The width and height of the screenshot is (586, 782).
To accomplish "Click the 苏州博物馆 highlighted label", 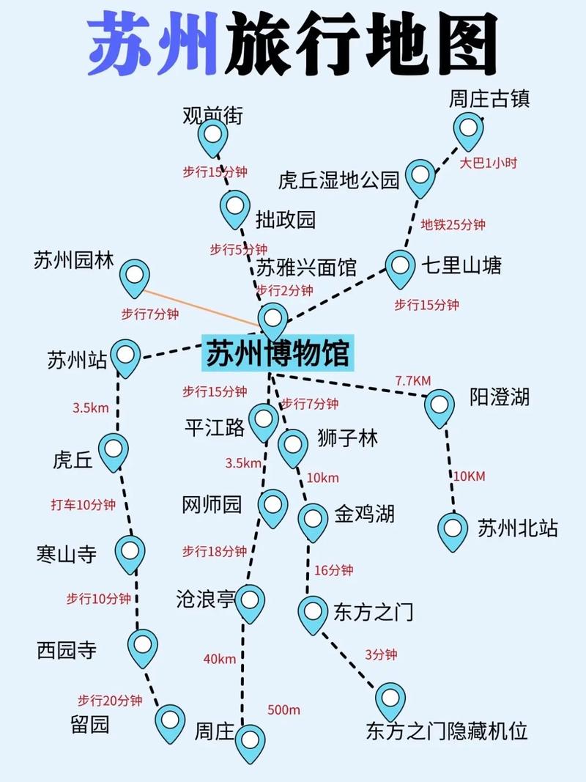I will coord(277,355).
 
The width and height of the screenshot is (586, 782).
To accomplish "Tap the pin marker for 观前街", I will coord(213,136).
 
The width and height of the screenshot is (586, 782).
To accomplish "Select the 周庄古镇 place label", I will coord(489,99).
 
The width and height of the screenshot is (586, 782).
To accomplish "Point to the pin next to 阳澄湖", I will coord(439,406).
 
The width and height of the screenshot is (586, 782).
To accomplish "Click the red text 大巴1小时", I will coord(488,163).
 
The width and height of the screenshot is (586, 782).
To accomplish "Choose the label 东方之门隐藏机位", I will coord(447,731).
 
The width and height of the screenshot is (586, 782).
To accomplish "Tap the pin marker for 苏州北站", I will coord(453,529).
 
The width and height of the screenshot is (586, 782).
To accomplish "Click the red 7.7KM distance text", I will coord(412,381).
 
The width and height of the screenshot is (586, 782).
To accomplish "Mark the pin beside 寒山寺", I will coord(130,551).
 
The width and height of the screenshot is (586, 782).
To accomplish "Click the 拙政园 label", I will coord(285,219).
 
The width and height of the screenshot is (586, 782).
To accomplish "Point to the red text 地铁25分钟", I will coord(453,225).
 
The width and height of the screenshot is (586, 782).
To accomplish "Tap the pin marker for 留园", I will coord(170,721).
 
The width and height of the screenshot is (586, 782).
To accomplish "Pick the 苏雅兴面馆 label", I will coord(306,268).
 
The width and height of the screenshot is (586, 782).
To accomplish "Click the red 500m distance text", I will coord(283,709).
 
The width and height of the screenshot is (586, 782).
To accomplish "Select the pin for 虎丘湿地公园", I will coord(420,176).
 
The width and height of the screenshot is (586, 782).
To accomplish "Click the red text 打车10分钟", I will coord(83,505).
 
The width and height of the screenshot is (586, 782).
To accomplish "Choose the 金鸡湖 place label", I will coord(364,514).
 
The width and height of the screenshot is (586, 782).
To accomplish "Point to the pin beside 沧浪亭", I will coord(250,600).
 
